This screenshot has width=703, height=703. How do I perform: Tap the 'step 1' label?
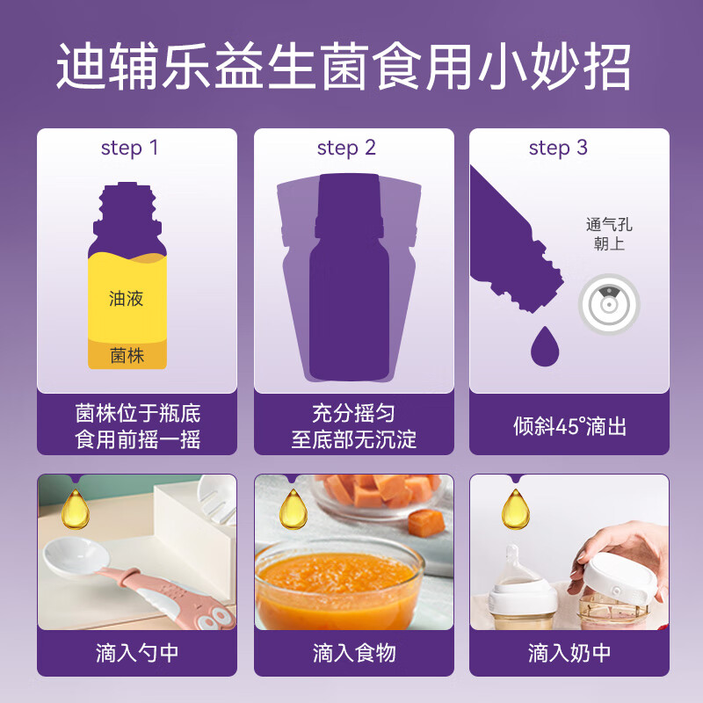129,148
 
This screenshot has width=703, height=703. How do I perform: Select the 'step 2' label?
346,148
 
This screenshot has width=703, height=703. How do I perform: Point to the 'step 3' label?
558,148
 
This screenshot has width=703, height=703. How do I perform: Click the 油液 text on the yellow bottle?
127,299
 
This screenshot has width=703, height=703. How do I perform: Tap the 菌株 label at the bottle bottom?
127,356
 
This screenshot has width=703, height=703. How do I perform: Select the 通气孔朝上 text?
609,234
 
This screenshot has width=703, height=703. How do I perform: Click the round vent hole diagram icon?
608,305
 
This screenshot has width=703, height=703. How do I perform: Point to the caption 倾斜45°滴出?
569,426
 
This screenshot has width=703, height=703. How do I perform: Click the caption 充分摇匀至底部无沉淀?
353,425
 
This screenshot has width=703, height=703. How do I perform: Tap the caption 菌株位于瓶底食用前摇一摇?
137,425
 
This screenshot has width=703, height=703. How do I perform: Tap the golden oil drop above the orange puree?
292,509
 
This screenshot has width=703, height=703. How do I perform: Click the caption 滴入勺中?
137,653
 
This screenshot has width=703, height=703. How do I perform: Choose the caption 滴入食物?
353,653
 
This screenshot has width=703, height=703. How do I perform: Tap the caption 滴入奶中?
569,653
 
